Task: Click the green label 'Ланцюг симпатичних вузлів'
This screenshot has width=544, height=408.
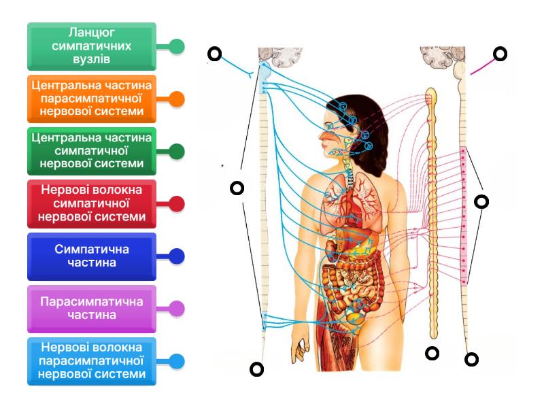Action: (92, 46)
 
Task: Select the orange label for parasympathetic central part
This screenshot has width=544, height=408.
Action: (92, 99)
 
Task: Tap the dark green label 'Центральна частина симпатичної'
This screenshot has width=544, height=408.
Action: (92, 151)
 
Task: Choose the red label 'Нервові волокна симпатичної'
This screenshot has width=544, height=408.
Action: (92, 203)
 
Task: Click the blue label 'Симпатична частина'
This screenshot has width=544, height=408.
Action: (92, 256)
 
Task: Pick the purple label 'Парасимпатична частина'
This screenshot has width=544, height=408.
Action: (92, 309)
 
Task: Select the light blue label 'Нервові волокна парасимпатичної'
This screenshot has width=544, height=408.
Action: (92, 361)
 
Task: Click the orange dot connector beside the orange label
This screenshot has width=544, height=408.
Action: (177, 99)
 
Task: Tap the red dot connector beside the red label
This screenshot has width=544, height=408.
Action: (177, 203)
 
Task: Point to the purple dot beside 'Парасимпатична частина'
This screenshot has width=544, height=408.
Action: (177, 309)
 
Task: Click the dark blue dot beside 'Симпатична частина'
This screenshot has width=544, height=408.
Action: (177, 256)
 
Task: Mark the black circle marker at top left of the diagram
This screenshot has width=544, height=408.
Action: (215, 54)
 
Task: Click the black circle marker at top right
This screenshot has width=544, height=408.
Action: (500, 54)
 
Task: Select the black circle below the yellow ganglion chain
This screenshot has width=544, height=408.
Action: (432, 353)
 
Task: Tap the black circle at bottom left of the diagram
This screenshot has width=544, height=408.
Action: (256, 369)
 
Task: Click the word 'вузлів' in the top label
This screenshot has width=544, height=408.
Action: (92, 60)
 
